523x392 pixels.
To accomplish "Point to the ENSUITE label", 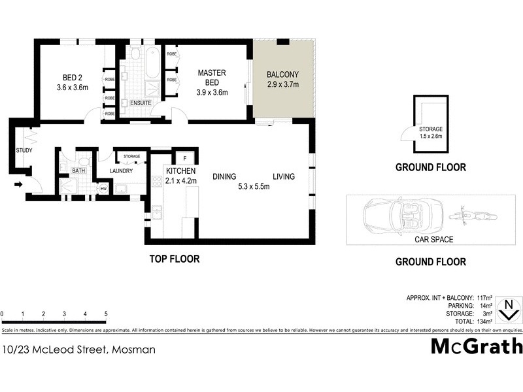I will click(141, 103).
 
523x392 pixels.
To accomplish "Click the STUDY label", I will click(24, 151).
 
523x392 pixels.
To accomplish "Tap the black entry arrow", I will click(18, 185).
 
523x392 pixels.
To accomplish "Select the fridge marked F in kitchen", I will click(185, 159).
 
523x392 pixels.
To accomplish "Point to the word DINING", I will click(224, 176).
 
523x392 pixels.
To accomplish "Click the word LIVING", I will click(284, 176).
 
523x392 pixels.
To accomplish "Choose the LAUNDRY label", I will click(122, 171).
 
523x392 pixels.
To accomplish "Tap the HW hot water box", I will click(103, 189).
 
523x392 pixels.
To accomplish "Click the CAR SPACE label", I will click(433, 240).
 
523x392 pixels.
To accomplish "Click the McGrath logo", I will click(477, 346).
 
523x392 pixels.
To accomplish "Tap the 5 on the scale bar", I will click(106, 314).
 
